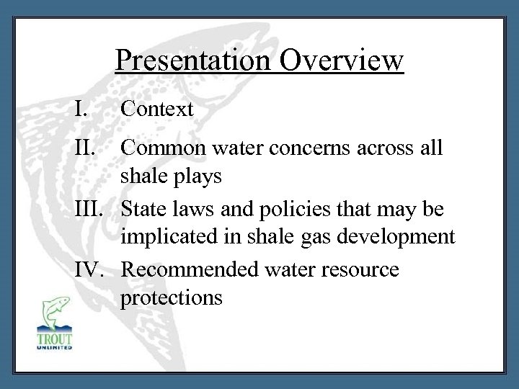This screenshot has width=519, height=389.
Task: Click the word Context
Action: click(x=157, y=109)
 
